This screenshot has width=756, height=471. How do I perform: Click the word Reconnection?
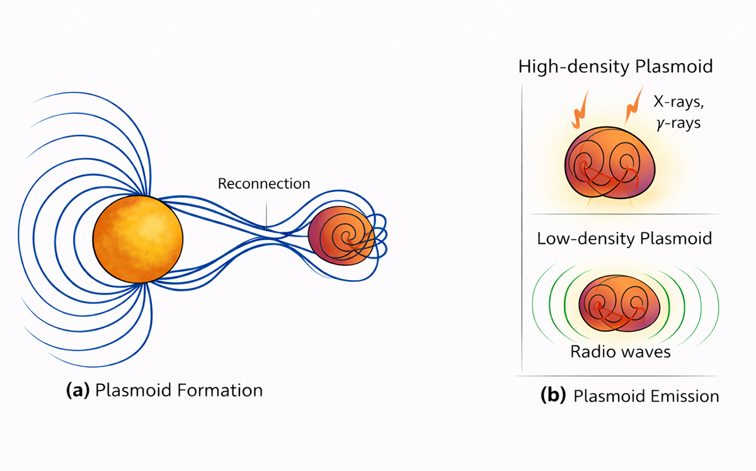pos(264,184)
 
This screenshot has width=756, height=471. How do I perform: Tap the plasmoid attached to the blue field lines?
pos(340,237)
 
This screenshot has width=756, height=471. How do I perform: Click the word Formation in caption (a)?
pos(220,390)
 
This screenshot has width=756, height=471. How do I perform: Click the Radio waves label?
pos(621,351)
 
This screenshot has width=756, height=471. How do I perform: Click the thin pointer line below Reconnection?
pos(266,213)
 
